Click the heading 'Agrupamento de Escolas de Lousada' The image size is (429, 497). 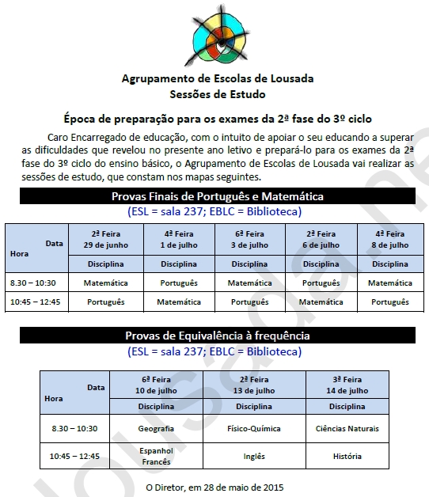[x=218, y=78]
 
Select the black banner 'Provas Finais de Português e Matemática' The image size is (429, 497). [x=218, y=196]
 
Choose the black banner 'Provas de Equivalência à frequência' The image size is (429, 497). [x=218, y=336]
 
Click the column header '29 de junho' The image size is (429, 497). [x=106, y=245]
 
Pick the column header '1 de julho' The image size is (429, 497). [x=180, y=245]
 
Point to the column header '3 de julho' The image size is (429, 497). [x=250, y=245]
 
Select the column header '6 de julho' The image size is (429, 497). [x=321, y=245]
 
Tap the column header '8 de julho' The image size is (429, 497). [x=389, y=245]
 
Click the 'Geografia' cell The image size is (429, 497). [x=156, y=428]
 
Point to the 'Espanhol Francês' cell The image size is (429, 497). [x=156, y=456]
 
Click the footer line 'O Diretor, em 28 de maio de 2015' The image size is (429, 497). [x=214, y=487]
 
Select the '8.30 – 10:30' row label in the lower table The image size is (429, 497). [x=74, y=428]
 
